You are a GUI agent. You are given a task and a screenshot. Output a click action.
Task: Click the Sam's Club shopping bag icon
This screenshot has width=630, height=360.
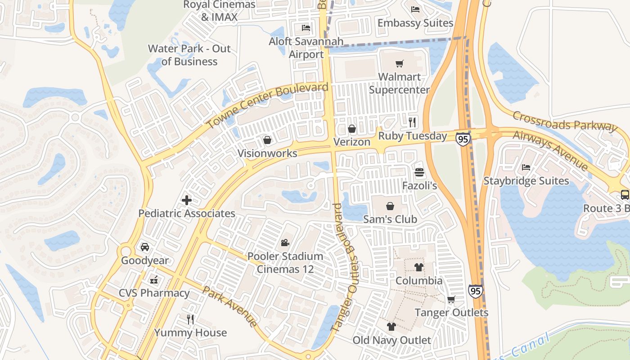point(390,206)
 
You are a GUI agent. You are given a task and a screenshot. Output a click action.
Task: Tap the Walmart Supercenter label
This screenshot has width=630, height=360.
point(399,83)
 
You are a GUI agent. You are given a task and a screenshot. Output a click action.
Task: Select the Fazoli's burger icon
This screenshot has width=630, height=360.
point(419,172)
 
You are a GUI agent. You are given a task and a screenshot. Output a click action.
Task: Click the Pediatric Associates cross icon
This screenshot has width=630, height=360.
point(187,200)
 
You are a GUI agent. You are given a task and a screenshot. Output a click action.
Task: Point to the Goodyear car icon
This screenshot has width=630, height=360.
point(144,247)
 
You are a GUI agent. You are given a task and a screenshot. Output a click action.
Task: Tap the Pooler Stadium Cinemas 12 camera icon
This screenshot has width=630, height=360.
point(285,243)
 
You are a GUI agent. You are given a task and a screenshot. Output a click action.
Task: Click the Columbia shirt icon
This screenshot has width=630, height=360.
point(419,267)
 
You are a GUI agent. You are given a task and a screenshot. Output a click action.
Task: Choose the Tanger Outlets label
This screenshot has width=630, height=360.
point(451,312)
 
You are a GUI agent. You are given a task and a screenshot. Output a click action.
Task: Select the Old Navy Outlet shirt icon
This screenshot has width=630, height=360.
point(391,327)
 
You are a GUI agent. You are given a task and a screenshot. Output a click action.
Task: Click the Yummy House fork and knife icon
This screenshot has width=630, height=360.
point(190,319)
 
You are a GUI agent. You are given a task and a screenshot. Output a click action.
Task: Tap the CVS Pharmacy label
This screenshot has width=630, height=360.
point(154,293)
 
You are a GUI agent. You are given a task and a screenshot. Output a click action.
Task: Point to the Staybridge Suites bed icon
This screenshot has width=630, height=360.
point(526,168)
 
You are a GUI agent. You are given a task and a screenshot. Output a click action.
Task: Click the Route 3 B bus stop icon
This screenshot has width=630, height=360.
point(625,195)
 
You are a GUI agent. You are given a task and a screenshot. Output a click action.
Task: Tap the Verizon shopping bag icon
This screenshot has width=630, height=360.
point(352,129)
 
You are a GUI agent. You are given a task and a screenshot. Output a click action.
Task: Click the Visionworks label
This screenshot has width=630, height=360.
point(267,153)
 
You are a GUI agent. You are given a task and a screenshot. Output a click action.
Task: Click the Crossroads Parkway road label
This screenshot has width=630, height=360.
point(564,121)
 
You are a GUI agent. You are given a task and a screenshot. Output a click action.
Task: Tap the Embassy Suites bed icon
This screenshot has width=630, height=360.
point(415,9)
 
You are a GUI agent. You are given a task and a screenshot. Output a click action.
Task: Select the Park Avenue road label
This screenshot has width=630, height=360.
point(229,306)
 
